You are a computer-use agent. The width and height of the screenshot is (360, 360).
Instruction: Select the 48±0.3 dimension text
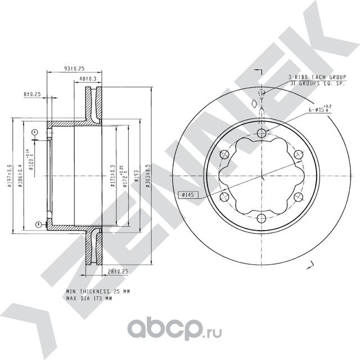88,78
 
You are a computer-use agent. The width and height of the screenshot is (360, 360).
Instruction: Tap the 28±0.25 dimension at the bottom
118,271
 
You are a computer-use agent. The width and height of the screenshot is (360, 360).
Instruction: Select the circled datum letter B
38,224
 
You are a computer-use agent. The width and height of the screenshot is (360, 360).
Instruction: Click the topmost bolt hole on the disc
260,133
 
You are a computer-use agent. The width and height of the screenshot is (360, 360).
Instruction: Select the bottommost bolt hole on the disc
260,219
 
